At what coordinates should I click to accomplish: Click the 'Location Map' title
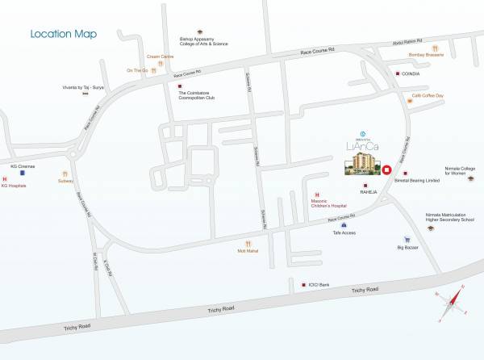63,35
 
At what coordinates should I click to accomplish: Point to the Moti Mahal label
248,251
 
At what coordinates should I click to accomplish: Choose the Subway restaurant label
65,181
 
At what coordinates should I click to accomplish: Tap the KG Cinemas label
23,166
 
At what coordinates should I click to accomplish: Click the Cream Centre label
160,57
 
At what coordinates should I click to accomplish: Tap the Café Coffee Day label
428,95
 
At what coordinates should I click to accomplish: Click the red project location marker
386,170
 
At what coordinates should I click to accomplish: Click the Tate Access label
344,232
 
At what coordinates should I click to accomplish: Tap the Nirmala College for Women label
460,171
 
